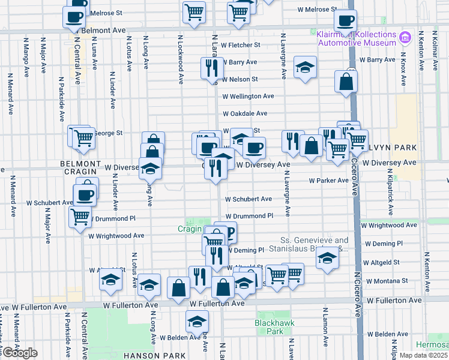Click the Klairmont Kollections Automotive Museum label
point(357,38)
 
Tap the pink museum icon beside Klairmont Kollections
point(405,38)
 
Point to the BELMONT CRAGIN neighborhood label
point(80,167)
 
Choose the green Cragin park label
point(190,229)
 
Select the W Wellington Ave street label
point(248,96)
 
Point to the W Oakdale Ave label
point(245,113)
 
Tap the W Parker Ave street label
point(328,180)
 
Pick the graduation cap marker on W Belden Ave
point(196,322)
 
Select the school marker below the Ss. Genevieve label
point(327,258)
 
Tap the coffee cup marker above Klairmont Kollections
point(345,21)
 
